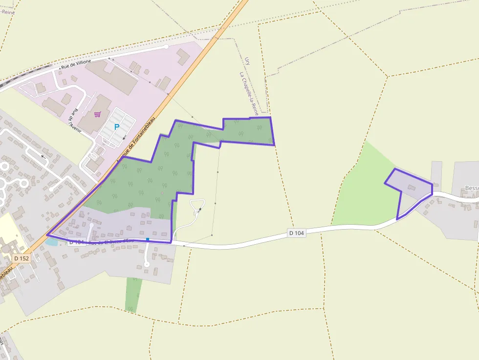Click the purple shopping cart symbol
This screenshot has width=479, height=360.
tap(97, 114)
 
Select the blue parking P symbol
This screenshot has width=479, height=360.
tap(116, 127)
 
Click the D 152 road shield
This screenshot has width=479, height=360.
tap(22, 258)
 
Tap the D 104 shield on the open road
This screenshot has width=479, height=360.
tap(296, 233)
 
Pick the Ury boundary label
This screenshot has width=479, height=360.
tap(247, 61)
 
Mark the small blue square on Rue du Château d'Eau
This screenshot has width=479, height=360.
tap(147, 239)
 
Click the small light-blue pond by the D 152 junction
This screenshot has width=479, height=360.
tap(51, 241)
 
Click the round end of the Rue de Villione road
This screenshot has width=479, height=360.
tap(166, 47)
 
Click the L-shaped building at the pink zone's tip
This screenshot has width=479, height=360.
tap(182, 56)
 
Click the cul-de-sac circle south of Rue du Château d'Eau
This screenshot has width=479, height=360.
tap(146, 264)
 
